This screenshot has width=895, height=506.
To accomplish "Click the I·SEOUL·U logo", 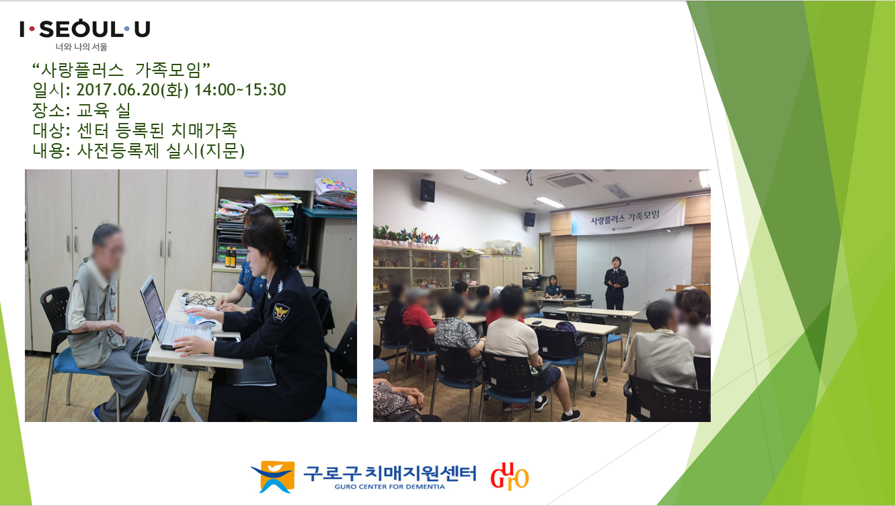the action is coord(85,29).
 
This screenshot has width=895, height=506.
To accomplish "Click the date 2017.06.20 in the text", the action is coord(118,90).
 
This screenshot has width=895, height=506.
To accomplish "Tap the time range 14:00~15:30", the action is coord(240,90).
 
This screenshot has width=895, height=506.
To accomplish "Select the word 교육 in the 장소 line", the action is coord(93,110).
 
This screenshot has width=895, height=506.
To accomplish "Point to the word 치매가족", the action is coord(204,130).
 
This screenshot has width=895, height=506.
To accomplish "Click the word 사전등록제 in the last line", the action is coord(118,151).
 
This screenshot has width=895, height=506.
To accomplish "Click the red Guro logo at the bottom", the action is coord(510,476).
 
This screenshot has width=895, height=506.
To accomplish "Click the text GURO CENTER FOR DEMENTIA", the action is coord(389,487).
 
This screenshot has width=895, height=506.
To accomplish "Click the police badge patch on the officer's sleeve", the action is coord(281,312).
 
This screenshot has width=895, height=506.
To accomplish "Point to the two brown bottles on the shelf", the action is coord(231,257).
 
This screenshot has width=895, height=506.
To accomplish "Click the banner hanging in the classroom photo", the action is coord(628,216).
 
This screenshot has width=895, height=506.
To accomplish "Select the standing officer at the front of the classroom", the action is coord(616,283).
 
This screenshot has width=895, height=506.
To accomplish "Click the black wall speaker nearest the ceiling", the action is coord(428,190).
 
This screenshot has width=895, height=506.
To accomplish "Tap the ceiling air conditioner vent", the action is coord(569,180).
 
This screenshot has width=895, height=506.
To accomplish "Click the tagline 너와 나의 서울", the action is coord(81,47).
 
